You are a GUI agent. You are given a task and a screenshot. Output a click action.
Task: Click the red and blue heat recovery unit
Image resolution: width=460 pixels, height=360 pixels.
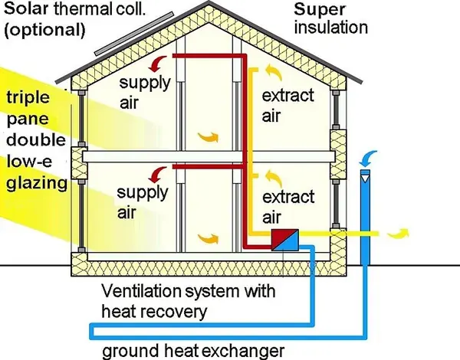click(x=285, y=240)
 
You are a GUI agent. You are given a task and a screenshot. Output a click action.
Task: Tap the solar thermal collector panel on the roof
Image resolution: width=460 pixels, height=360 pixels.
click(x=134, y=34)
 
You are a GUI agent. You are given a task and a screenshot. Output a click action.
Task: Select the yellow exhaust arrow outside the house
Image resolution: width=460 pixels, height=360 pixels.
click(x=398, y=234)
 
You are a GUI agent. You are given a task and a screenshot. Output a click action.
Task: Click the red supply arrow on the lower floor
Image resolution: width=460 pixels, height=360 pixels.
click(x=157, y=175)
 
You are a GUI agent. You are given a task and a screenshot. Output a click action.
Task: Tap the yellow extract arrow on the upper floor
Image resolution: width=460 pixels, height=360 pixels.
click(x=274, y=73)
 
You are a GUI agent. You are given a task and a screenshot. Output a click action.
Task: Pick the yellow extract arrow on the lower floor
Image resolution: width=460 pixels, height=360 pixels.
click(x=274, y=178)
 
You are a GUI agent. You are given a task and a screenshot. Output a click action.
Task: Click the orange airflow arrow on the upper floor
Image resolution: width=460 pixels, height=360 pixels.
click(x=208, y=137)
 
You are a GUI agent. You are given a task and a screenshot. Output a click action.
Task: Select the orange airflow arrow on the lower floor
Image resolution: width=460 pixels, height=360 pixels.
click(x=208, y=238)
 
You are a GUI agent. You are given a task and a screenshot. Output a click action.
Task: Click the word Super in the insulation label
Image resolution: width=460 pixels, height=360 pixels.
click(x=320, y=10)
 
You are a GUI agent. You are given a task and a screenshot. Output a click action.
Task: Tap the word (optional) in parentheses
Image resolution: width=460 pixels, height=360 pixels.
click(x=44, y=30)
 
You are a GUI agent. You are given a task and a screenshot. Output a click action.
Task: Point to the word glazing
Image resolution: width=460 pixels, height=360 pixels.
click(x=37, y=184)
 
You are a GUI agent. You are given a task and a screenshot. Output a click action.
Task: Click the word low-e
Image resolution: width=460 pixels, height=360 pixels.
click(x=29, y=161)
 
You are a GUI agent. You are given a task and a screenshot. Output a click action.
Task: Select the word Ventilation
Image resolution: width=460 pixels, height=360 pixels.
click(x=141, y=291)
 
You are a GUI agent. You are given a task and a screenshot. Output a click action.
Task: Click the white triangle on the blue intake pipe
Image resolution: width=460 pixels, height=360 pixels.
click(x=365, y=178)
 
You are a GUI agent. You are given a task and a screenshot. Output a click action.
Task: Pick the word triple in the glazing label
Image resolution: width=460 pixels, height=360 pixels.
click(x=28, y=98)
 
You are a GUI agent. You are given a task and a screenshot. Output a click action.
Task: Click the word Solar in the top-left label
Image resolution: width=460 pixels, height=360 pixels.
click(x=25, y=8)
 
